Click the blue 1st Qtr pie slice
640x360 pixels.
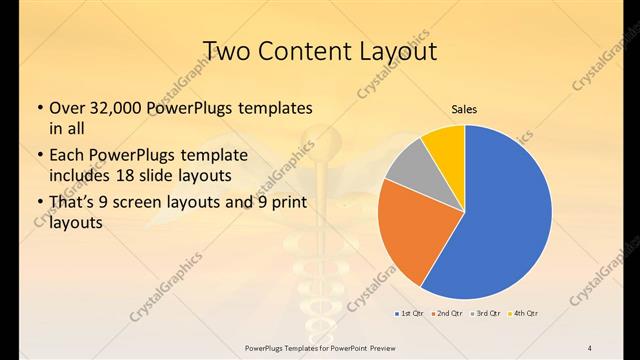[x=500, y=220]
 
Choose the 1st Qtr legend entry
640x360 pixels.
[x=410, y=314]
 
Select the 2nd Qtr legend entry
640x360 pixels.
[x=449, y=314]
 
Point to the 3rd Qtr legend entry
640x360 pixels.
[x=487, y=314]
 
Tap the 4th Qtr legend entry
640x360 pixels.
[x=524, y=314]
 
